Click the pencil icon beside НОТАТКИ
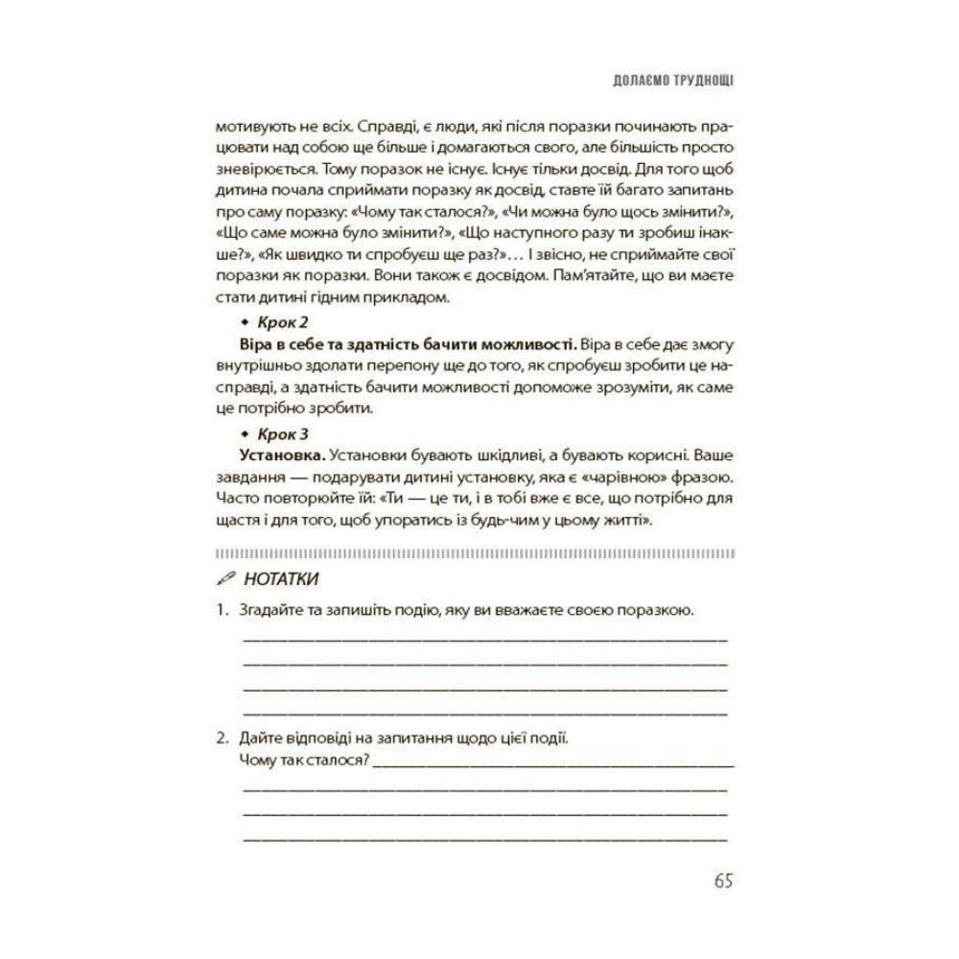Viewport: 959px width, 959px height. coord(225,579)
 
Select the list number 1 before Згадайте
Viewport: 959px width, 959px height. coord(221,610)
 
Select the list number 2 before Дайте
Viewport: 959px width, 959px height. coord(221,739)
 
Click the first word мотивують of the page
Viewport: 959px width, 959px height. coord(250,127)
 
